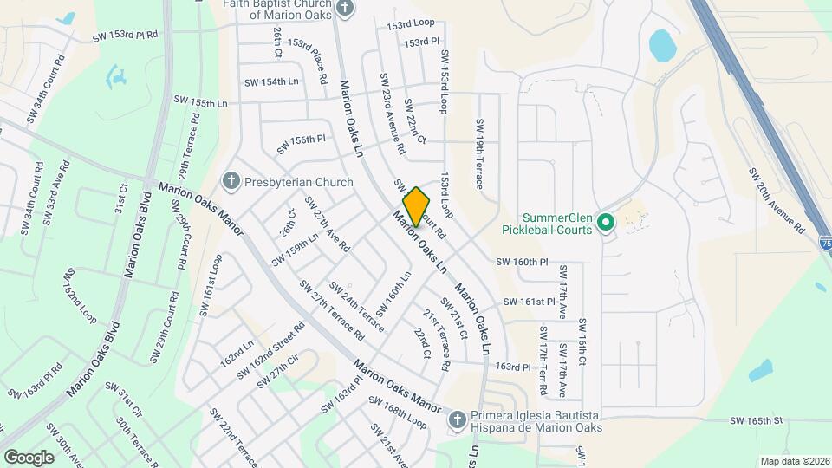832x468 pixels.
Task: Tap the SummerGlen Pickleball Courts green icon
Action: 606,224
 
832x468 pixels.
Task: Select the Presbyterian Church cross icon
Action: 231,182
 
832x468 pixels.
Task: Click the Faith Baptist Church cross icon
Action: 346,9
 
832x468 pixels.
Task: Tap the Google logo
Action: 29,457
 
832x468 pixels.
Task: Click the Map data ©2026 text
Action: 793,460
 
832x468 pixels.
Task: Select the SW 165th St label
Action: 756,420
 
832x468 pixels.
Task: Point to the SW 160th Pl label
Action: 523,260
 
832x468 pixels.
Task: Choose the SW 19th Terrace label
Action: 478,154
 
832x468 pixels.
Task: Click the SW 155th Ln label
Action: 200,102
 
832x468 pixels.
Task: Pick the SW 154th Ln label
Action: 271,81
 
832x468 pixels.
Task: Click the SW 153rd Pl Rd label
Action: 126,36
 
